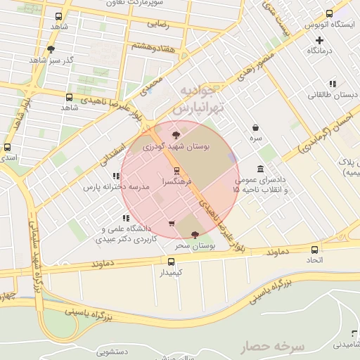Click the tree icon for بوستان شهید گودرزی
pos(176,135)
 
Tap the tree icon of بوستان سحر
pos(194,235)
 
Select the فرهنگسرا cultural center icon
pos(176,170)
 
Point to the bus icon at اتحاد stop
pos(315,249)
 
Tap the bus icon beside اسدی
pos(7,148)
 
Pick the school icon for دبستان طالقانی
pos(332,84)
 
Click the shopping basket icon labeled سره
pos(255,128)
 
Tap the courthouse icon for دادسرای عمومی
pos(261,169)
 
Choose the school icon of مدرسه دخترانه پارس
pos(115,176)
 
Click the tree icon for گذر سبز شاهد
pos(51,49)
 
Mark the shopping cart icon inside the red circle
pos(172,224)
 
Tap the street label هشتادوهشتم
pos(150,46)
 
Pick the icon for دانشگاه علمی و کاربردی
pos(126,218)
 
